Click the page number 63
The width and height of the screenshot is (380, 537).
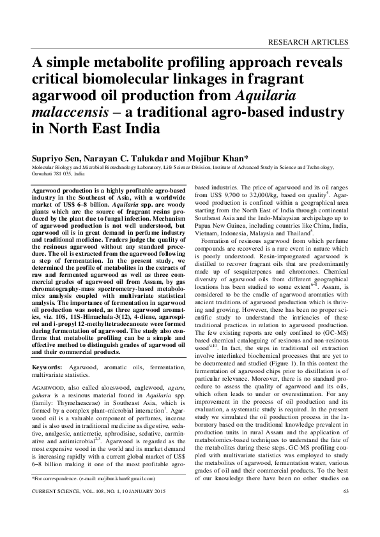click(345, 508)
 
